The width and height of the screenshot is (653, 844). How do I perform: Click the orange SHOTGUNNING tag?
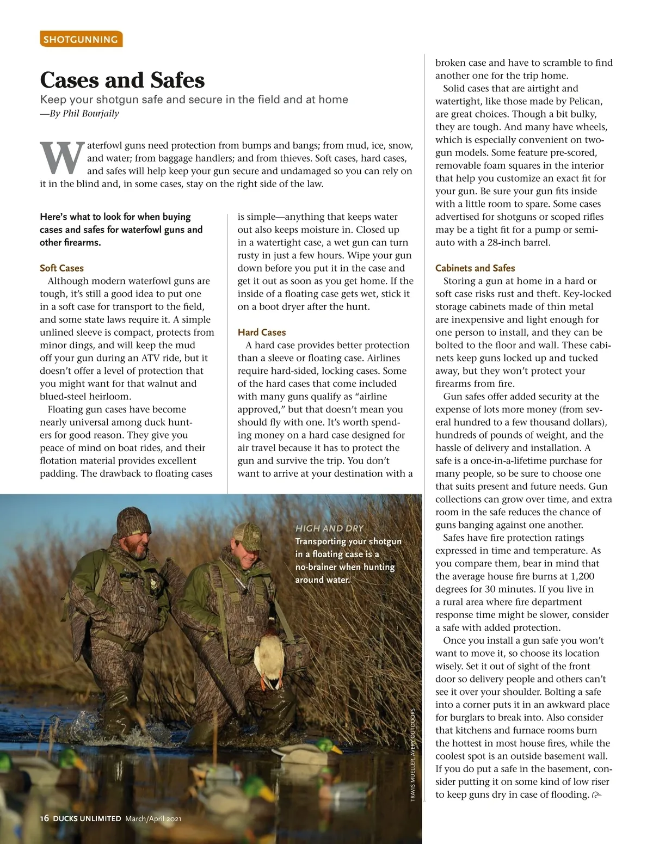[x=81, y=39]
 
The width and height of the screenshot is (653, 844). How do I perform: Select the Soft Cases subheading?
[x=61, y=268]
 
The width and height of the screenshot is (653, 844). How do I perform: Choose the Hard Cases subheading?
[x=261, y=332]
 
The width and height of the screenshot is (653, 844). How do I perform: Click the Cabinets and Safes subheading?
[x=475, y=268]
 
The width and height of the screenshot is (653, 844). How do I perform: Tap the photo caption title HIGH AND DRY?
[x=329, y=528]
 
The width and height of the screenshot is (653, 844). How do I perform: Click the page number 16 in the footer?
[x=45, y=818]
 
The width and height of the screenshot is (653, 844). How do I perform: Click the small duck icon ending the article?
[x=597, y=796]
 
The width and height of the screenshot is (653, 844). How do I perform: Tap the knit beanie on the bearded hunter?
[x=133, y=521]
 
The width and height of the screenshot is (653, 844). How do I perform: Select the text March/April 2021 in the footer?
[x=153, y=818]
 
